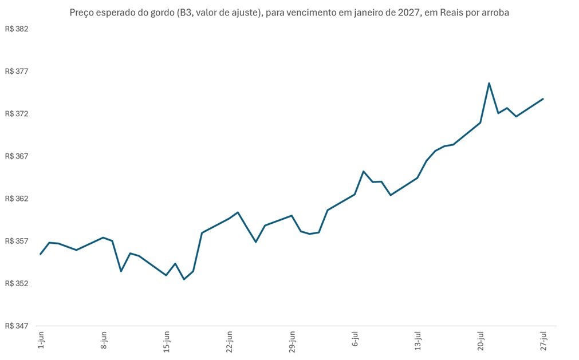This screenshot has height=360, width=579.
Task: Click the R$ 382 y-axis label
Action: [x=17, y=29]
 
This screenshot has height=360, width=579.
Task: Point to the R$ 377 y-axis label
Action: [x=17, y=71]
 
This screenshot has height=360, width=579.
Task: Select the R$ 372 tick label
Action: [x=17, y=113]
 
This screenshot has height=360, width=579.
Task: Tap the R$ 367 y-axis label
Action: [x=17, y=156]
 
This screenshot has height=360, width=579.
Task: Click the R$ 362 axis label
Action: [x=17, y=199]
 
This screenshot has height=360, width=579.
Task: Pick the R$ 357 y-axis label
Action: [x=17, y=241]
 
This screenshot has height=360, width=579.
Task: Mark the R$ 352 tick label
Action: [x=17, y=283]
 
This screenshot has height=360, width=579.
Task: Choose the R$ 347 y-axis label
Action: [x=17, y=326]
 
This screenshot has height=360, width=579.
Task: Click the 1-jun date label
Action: [x=41, y=340]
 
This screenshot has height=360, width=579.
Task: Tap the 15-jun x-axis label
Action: [x=167, y=342]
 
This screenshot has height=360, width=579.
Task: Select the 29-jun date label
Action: [x=292, y=342]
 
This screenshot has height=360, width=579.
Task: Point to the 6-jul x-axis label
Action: [x=355, y=339]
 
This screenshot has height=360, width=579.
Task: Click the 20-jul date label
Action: [x=480, y=341]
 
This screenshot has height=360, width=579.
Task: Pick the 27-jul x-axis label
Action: [x=543, y=341]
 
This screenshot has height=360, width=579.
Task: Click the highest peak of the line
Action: [x=489, y=83]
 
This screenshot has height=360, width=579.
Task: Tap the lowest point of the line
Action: [x=184, y=279]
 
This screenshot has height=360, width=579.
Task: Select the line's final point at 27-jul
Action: [x=543, y=99]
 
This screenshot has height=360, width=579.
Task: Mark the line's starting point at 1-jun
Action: [x=41, y=254]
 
